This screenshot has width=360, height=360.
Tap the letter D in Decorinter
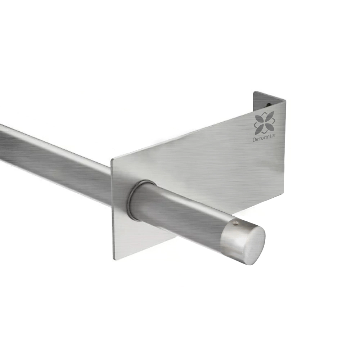coord(254,139)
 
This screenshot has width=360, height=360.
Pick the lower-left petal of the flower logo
coord(260,129)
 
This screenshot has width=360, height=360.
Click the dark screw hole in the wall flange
coord(269,105)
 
